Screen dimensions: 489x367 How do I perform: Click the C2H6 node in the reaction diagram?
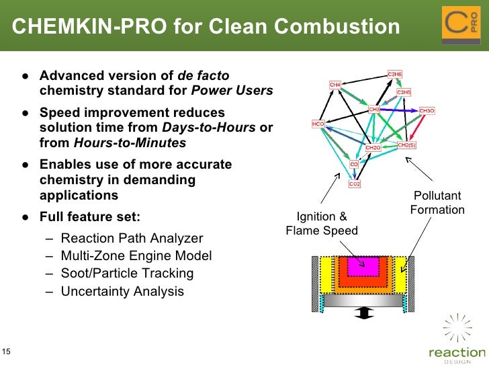pos(395,74)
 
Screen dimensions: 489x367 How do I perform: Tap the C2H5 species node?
pos(404,92)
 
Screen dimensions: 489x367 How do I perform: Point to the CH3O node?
pos(427,110)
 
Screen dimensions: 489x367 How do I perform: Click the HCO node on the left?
pos(318,124)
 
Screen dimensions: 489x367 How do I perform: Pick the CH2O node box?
pos(373,147)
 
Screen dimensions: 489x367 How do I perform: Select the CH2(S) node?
pos(406,145)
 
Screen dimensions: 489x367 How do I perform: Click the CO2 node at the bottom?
pos(355,184)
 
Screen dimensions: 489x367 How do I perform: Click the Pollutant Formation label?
pos(437,203)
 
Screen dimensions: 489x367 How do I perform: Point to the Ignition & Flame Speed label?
pos(322,224)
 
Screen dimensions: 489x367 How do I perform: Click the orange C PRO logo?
pos(461,26)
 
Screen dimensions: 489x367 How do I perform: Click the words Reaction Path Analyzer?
pos(132,238)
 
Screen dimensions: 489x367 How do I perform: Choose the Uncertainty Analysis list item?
pos(122,291)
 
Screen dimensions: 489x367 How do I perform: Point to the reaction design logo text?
pos(457,352)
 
